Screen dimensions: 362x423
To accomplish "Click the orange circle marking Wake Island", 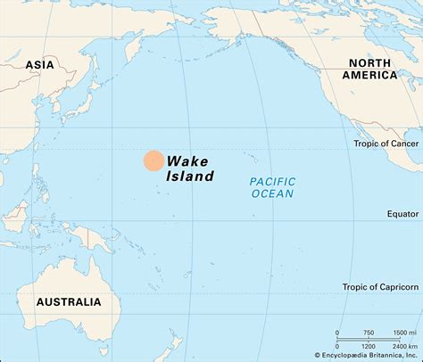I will [x=153, y=160].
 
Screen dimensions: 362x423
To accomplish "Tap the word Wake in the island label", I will [x=186, y=160].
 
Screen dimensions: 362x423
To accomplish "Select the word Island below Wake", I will [x=190, y=177].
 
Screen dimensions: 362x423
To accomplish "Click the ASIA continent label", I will [x=39, y=64].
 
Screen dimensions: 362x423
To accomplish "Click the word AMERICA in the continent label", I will [x=372, y=75].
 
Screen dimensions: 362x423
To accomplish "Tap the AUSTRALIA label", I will [x=69, y=302].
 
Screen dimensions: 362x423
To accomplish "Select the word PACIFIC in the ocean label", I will [x=272, y=180].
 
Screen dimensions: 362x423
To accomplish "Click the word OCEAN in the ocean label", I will [x=272, y=193].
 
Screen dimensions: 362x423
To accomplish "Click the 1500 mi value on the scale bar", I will [x=402, y=333].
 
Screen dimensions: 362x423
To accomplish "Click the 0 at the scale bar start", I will [x=337, y=333].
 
